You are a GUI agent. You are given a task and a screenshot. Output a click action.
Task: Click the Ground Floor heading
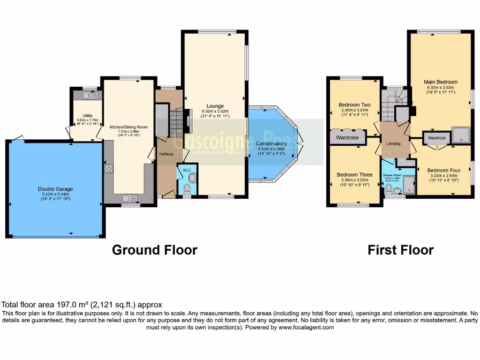point(154,250)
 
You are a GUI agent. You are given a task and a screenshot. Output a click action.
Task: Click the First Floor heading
point(400,250)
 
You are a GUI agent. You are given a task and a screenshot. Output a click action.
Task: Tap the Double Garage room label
point(55,189)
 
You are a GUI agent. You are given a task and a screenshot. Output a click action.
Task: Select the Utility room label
point(87,115)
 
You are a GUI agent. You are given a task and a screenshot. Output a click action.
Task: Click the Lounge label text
point(215,106)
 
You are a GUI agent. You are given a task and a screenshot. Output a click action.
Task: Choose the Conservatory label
point(271,143)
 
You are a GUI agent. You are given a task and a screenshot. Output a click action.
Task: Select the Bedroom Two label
point(354,105)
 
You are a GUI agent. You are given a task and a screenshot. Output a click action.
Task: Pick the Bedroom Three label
point(354,175)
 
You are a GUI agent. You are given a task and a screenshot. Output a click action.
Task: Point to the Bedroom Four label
point(443,170)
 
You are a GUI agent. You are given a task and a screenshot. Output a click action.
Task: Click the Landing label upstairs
point(393,143)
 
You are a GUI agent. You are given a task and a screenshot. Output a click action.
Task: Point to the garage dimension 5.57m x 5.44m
point(55,194)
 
